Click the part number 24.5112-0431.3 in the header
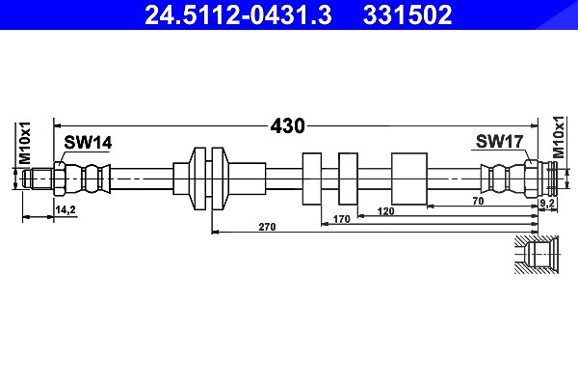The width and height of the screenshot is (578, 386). pos(238,14)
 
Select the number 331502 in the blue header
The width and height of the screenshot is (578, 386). pos(407,14)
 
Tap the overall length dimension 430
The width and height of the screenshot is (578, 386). pos(287,126)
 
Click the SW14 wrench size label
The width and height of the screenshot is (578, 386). pos(88,143)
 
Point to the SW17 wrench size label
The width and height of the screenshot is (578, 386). pos(499,142)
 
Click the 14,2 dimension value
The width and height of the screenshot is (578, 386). pos(66,209)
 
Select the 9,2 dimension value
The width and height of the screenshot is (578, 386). pos(547,203)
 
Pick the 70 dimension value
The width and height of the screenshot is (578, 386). pos(478,201)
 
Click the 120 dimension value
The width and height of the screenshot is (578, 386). pos(385,211)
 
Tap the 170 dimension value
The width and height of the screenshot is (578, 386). pos(341,219)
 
